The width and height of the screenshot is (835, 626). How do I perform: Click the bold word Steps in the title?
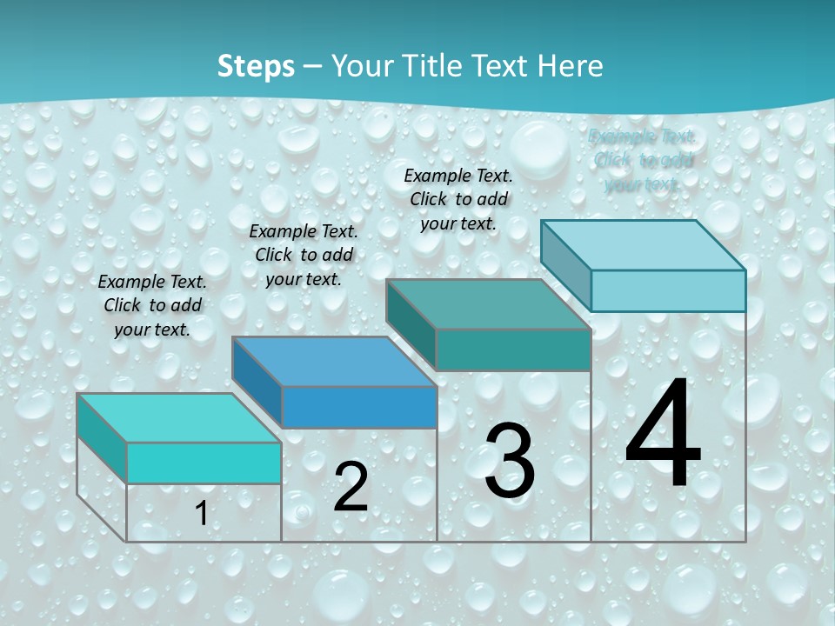click(x=256, y=66)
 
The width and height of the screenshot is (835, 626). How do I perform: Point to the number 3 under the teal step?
click(x=510, y=461)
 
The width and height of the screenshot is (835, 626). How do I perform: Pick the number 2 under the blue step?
click(x=351, y=487)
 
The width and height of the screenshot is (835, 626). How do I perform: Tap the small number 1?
click(x=201, y=514)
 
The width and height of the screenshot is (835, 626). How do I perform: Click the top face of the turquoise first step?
click(x=178, y=418)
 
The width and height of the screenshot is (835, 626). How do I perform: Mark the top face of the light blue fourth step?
click(x=643, y=245)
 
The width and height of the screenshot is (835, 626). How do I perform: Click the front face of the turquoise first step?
click(x=204, y=463)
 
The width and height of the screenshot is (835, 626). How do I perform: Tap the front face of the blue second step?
click(x=359, y=407)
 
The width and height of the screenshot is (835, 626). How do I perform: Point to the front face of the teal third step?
click(x=513, y=350)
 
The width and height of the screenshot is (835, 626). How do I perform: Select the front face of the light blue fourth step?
click(x=668, y=290)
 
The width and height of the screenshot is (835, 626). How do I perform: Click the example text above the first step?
click(x=152, y=305)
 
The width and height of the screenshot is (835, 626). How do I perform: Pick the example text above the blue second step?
click(x=304, y=255)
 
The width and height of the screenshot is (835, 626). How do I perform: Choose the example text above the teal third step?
click(x=458, y=199)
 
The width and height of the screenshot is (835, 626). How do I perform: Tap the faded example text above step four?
click(x=643, y=160)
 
